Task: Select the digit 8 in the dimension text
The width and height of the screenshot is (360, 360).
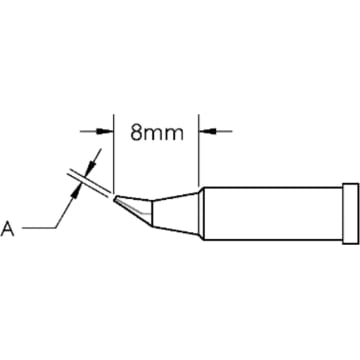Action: coord(136,130)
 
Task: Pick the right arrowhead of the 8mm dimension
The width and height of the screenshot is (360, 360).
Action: coord(207,130)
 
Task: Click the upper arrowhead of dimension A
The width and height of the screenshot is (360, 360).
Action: coord(93,157)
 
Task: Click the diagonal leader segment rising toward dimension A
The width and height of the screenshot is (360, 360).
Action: coord(65,210)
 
